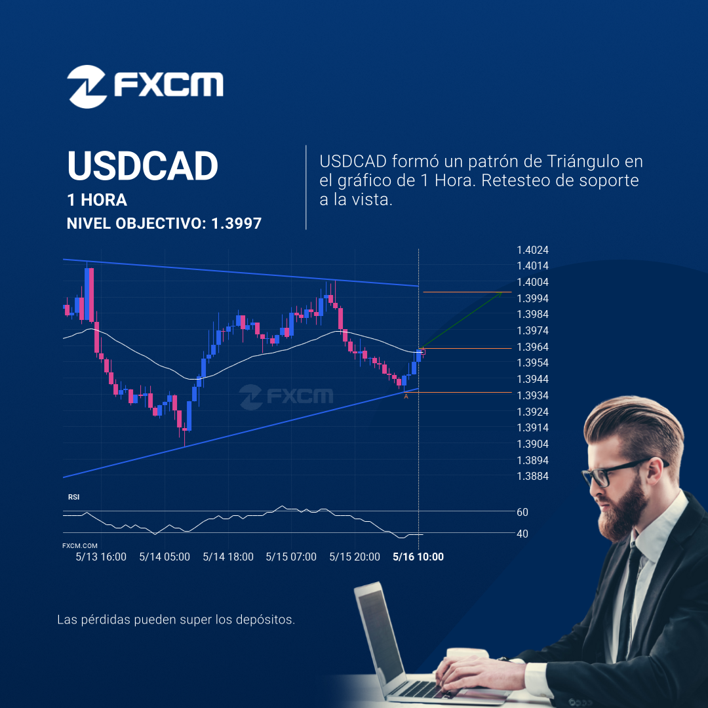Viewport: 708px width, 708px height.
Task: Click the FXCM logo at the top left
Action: (145, 87)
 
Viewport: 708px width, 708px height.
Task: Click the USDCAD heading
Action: (143, 166)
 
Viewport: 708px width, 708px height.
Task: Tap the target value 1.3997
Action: (236, 223)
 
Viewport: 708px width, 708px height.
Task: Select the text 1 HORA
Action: (97, 200)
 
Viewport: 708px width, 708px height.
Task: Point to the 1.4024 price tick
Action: (532, 250)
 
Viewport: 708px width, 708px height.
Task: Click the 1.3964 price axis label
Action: (532, 347)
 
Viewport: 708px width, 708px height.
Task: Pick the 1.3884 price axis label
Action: (532, 476)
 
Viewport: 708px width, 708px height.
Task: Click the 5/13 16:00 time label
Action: (101, 557)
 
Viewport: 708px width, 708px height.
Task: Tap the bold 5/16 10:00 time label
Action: (418, 557)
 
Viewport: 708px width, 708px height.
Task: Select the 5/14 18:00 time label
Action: (228, 557)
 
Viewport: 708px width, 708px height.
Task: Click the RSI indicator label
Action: (73, 497)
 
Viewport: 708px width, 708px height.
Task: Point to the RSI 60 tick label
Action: (522, 512)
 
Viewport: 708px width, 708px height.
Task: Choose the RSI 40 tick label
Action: (522, 534)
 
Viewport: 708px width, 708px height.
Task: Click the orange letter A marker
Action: (406, 397)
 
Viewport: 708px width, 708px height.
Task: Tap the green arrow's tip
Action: (502, 292)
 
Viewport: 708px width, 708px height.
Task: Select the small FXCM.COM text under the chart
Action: (80, 545)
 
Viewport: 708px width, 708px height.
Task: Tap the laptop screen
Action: (380, 632)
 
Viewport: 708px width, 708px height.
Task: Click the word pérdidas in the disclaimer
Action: (106, 619)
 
